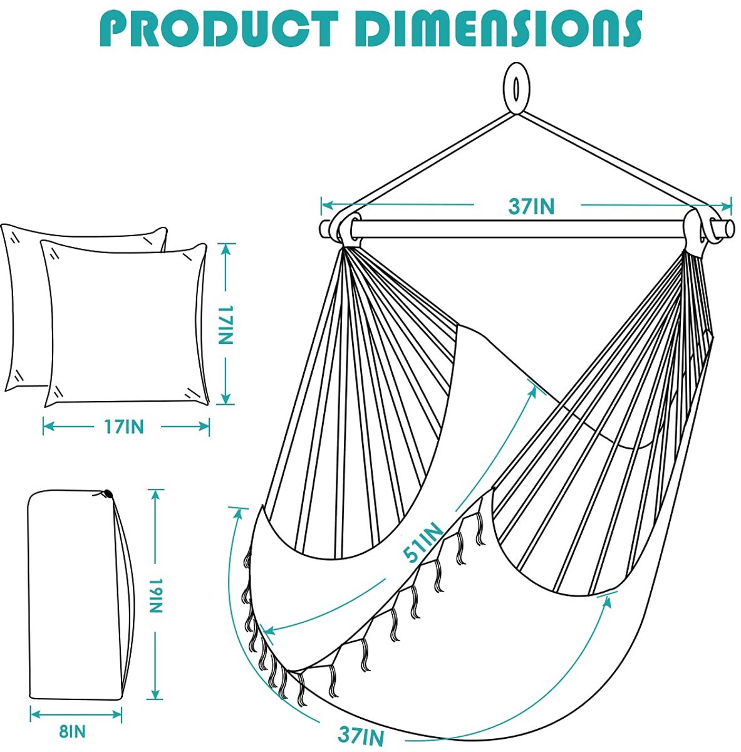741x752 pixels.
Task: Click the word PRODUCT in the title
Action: [x=219, y=29]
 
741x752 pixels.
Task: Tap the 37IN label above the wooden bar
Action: [x=531, y=206]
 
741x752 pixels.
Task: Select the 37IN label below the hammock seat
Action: [x=361, y=736]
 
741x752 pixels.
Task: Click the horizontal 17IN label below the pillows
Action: [x=124, y=427]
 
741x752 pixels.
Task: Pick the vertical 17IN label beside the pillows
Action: [x=225, y=325]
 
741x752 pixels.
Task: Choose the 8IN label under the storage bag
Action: [x=72, y=731]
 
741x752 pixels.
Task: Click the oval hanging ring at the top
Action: [x=517, y=88]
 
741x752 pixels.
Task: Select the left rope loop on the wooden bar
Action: [x=345, y=229]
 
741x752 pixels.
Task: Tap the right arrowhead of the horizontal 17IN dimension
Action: [x=204, y=427]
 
